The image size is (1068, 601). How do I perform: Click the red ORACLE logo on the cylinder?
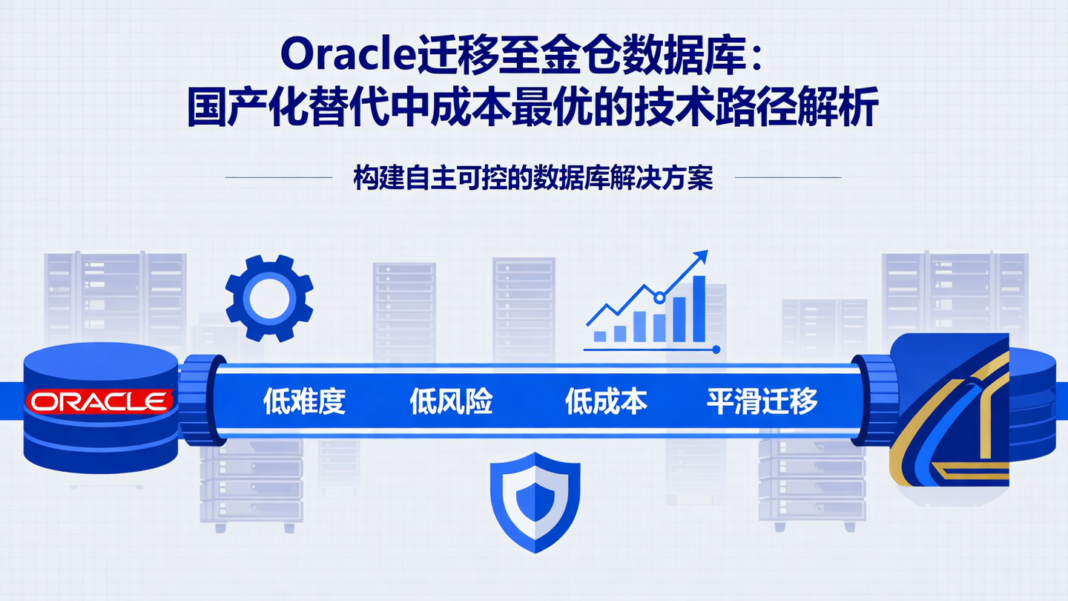pos(99,401)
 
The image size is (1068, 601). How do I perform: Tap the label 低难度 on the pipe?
pos(305,401)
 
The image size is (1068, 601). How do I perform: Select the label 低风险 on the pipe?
pos(451,401)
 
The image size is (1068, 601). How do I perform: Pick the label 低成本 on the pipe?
pos(606,401)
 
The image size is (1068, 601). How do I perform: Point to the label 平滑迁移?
pos(762,401)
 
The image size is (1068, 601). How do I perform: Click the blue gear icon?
pos(268,298)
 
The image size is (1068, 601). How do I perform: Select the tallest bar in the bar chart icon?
pos(699,309)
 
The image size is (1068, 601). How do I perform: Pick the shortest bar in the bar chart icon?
pos(600,336)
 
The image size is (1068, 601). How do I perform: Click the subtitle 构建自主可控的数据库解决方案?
pos(533,178)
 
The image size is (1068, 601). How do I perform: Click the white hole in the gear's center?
pos(268,298)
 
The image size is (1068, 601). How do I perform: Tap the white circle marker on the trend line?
pos(659,298)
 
